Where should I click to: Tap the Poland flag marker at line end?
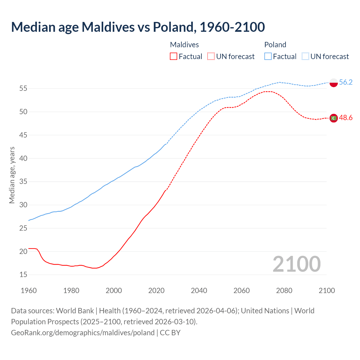334,83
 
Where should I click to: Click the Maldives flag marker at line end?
334,118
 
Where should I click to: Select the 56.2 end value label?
346,82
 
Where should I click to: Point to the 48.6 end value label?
346,118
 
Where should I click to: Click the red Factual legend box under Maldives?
174,56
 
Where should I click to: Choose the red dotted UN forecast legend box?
211,56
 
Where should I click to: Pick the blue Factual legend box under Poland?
268,56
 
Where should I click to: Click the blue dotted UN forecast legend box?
305,56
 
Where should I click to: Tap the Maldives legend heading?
184,45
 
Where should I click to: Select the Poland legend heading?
275,45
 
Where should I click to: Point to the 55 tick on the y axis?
23,89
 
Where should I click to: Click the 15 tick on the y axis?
23,275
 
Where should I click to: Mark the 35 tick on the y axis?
23,182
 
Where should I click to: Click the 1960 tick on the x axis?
29,291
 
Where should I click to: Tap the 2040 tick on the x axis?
199,291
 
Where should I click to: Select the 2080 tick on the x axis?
284,291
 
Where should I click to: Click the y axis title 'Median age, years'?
12,175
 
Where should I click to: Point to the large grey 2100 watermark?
296,264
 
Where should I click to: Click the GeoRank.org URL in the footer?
83,333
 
